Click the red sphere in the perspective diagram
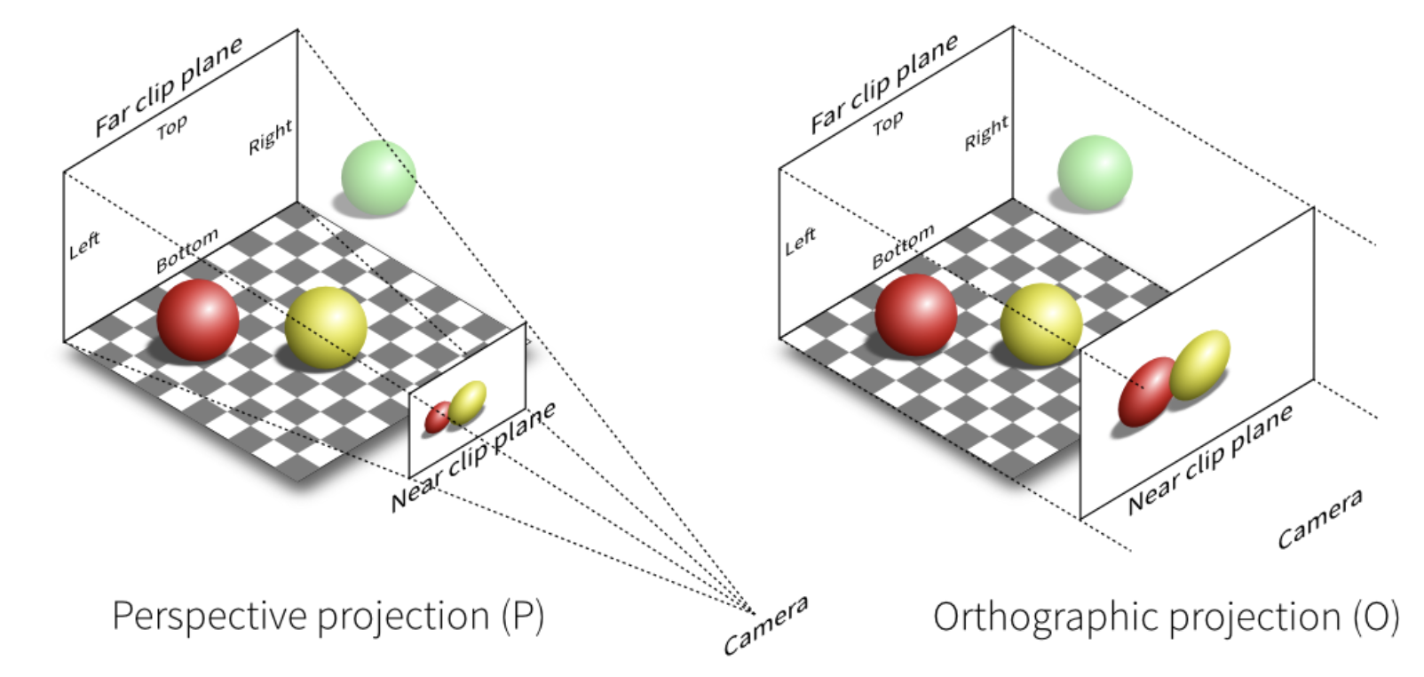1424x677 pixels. click(x=197, y=320)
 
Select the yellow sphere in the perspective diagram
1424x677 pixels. click(x=326, y=327)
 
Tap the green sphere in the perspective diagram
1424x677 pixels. click(x=378, y=177)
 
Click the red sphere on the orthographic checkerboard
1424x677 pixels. click(x=915, y=315)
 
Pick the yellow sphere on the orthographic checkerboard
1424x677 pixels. click(x=1040, y=324)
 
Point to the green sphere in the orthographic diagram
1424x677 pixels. click(x=1095, y=172)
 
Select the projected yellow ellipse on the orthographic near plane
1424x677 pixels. click(x=1199, y=364)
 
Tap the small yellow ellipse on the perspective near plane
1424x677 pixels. click(x=467, y=402)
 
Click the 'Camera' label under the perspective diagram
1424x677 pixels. click(x=765, y=625)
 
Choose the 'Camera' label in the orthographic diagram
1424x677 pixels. click(x=1319, y=519)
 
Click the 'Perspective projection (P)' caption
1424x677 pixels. click(x=328, y=616)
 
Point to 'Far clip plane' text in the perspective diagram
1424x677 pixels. click(x=169, y=86)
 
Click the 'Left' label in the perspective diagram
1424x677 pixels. click(x=84, y=245)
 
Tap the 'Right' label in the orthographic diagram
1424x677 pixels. click(x=986, y=133)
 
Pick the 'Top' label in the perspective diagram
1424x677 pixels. click(x=172, y=127)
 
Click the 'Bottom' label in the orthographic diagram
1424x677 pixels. click(x=903, y=246)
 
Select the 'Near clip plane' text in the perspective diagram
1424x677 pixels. click(x=473, y=455)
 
